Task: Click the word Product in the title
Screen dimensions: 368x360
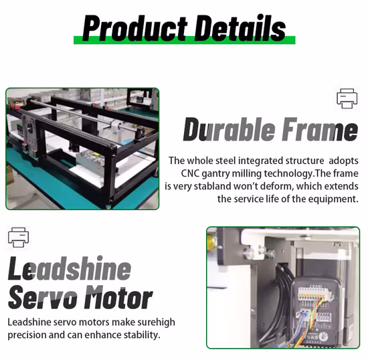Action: click(135, 28)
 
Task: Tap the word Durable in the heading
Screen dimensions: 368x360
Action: click(229, 130)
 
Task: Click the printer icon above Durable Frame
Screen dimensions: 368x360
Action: click(347, 98)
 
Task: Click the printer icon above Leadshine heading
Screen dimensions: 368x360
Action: click(18, 237)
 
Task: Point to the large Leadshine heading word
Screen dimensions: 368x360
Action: click(70, 268)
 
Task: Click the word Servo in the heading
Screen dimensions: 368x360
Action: click(43, 297)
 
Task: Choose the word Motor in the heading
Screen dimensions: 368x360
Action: click(118, 297)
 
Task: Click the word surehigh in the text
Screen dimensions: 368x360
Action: click(156, 323)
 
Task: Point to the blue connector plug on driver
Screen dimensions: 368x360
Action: click(304, 314)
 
